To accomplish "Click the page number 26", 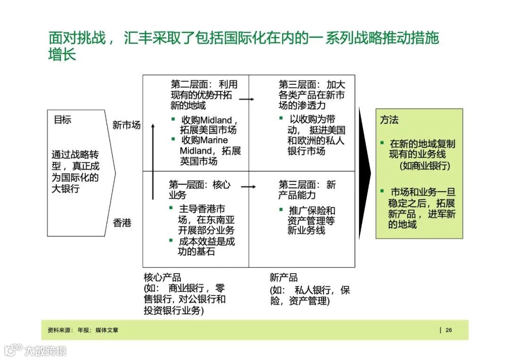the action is pos(449,330).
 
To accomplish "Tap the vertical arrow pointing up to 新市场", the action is pos(153,160).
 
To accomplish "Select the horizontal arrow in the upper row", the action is pos(247,99).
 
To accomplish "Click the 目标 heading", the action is pos(62,120).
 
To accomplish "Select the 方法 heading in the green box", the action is pos(390,120).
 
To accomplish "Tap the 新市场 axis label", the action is pos(126,125).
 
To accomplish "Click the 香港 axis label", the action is pos(122,223).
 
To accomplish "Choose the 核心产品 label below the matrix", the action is pos(162,277).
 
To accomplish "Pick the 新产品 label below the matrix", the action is pos(284,277).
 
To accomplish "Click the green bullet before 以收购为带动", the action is pos(281,118).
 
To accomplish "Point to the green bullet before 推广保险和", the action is pos(281,209).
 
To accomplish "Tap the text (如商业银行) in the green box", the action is pos(425,166).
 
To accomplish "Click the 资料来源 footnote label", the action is pos(60,330).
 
